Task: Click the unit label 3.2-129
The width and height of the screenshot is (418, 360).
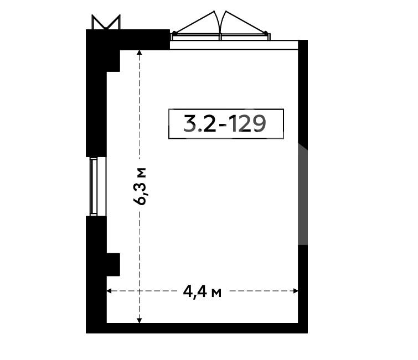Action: pos(225,124)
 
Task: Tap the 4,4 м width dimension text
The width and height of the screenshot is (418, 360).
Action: pos(202,292)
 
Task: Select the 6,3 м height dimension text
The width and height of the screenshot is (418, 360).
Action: pos(140,186)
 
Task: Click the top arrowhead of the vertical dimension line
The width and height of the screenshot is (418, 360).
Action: pos(139,53)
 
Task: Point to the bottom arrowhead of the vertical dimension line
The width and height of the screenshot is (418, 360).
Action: pos(139,320)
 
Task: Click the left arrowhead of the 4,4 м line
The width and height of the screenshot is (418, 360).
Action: pos(109,291)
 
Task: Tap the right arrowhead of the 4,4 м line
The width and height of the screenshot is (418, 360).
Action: pos(296,291)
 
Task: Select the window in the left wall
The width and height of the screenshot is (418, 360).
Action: pos(96,186)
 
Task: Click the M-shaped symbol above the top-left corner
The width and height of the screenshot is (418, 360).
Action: pos(106,22)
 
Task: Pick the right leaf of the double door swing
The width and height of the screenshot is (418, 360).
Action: pos(245,23)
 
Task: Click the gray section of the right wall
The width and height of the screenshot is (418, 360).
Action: pos(303,194)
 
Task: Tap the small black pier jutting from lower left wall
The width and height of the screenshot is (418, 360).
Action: pos(113,264)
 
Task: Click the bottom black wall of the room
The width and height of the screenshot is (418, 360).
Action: pos(197,328)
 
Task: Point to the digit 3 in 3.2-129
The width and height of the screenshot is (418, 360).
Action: pos(189,124)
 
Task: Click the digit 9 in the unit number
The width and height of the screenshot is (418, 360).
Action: pos(260,124)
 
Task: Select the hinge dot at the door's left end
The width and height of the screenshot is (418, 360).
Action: pos(174,33)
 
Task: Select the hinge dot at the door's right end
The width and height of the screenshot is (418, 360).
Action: pos(266,33)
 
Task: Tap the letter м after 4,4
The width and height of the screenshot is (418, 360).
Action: pos(216,294)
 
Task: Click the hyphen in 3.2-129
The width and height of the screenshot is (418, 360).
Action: pos(223,125)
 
